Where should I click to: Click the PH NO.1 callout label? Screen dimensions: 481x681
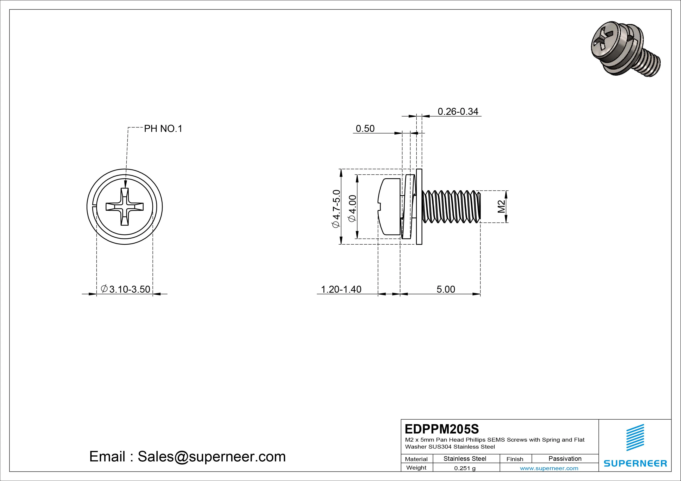coord(163,129)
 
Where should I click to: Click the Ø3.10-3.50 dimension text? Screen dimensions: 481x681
coord(126,289)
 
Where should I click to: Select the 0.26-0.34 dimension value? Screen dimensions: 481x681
coord(458,112)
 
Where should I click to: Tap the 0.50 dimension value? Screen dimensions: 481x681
coord(365,129)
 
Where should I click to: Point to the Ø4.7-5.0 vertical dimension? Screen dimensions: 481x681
coord(336,209)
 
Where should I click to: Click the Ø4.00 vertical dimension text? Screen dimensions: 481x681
coord(353,209)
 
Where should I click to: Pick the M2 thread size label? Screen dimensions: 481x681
coord(501,207)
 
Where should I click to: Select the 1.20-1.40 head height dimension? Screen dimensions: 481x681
coord(341,289)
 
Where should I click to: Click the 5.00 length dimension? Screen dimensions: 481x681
coord(446,289)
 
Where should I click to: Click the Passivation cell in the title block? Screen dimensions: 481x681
coord(565,459)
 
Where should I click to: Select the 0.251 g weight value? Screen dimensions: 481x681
coord(465,468)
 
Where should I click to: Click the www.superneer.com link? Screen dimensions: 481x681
coord(549,468)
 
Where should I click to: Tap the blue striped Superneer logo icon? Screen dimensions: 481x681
coord(635,440)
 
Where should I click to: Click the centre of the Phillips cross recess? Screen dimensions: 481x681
coord(125,207)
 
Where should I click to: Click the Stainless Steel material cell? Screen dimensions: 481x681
coord(465,459)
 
